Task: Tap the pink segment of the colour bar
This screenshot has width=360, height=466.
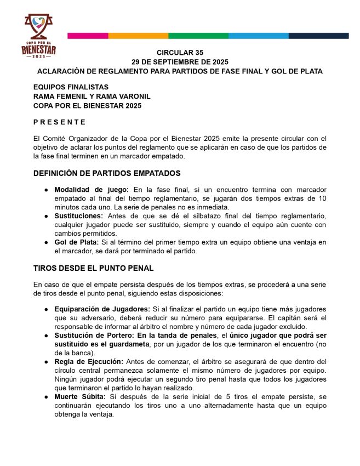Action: pos(88,36)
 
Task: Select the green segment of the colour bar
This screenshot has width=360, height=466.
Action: pos(198,36)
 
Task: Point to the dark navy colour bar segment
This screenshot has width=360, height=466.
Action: pos(319,36)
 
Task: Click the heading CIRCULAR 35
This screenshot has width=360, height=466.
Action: pos(180,53)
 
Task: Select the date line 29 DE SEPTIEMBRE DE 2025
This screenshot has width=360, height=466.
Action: pos(180,62)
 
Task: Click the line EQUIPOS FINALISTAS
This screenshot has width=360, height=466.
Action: pos(71,87)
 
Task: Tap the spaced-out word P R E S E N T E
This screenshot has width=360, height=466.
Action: pos(59,122)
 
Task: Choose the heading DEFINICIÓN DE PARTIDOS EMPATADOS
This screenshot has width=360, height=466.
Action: pos(107,173)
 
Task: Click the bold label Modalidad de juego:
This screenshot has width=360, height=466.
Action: pos(92,190)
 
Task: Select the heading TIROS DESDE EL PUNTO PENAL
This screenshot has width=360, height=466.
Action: pos(94,268)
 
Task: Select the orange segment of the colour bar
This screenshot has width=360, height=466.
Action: pos(138,36)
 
